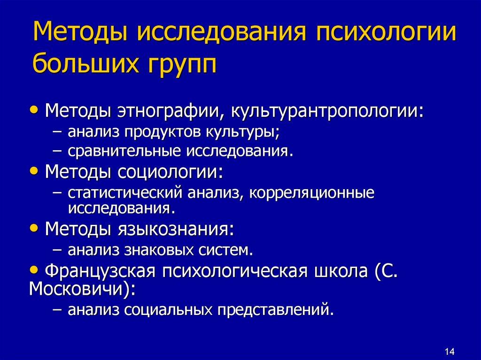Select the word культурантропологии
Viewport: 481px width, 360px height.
(x=326, y=112)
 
